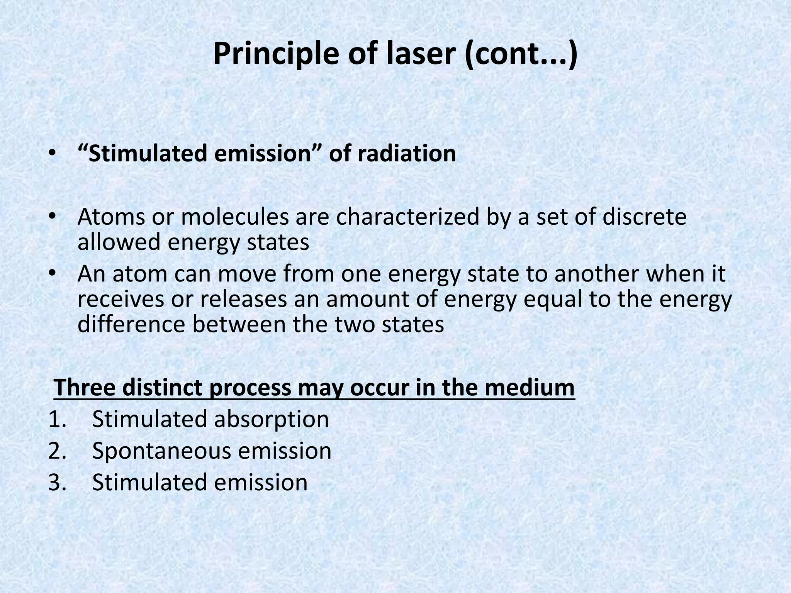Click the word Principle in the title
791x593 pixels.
click(x=276, y=54)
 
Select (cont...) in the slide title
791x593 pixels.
click(x=521, y=54)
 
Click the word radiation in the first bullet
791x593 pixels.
click(x=407, y=153)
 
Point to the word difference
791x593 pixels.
click(x=131, y=324)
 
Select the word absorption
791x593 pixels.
click(x=272, y=419)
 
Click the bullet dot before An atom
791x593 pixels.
click(x=53, y=274)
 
